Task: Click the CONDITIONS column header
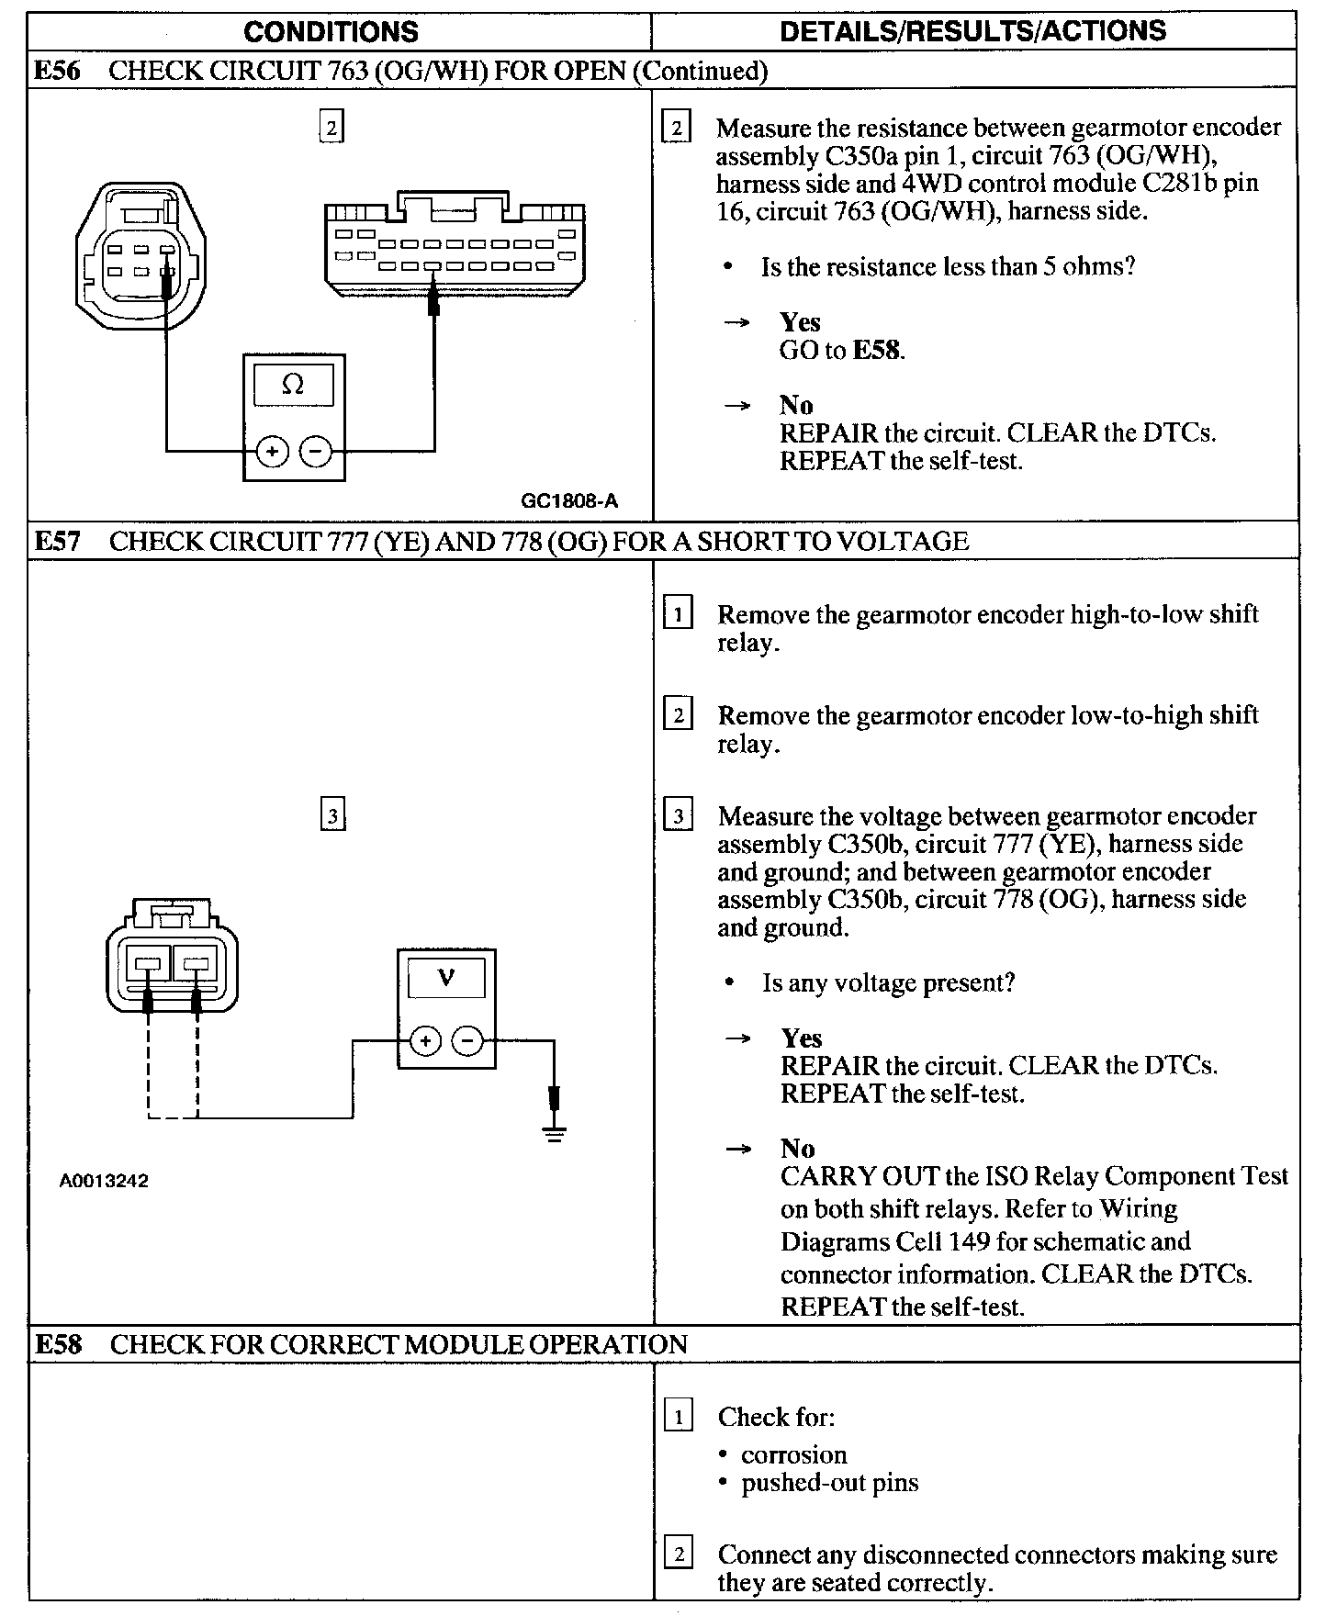coord(331,31)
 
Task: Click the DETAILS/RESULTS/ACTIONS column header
coord(972,30)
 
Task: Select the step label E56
coord(57,72)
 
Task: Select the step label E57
coord(57,542)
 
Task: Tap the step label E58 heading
coord(58,1345)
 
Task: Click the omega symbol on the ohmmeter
coord(293,385)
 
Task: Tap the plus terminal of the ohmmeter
coord(272,451)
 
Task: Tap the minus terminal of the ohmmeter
coord(317,451)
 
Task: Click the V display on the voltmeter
coord(446,978)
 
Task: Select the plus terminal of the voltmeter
coord(424,1041)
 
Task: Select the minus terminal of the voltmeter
coord(468,1041)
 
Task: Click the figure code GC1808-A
coord(569,501)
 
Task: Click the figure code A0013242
coord(104,1181)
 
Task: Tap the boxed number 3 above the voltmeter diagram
coord(332,815)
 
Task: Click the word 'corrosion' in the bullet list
coord(794,1454)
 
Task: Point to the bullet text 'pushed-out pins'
coord(830,1483)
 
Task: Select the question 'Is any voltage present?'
coord(888,983)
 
